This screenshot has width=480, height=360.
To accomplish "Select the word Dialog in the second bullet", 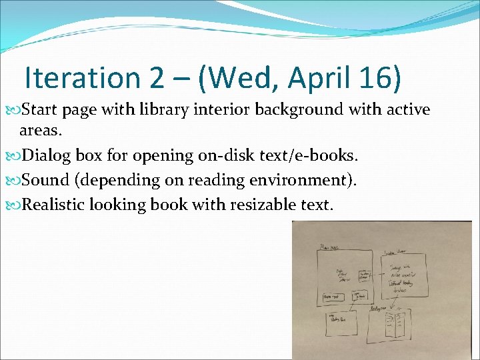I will [47, 156].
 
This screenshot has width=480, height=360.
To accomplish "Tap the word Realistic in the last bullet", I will [59, 204].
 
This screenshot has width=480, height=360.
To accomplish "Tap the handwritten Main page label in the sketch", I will [331, 247].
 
